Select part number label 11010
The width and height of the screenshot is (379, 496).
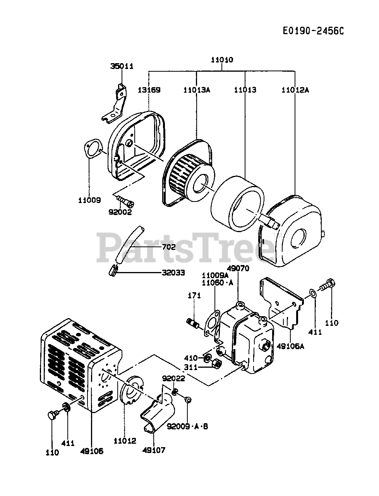coord(222,60)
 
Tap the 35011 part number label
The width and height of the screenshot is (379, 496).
coord(122,66)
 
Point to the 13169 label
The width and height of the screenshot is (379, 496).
coord(149,90)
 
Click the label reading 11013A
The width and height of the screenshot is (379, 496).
coord(197,90)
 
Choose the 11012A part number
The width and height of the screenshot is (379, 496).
coord(295,90)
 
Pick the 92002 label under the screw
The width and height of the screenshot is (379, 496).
coord(120,212)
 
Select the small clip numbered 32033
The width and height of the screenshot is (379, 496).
coord(113,270)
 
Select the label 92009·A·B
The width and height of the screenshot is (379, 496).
coord(187,427)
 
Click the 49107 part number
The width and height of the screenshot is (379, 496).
coord(154,450)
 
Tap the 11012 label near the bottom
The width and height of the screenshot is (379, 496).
coord(125,441)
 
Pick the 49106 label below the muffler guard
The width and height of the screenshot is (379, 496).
coord(92,451)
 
